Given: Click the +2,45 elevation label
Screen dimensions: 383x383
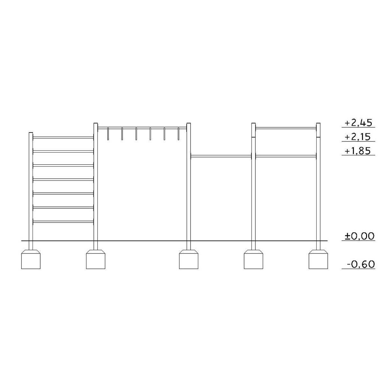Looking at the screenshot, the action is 358,123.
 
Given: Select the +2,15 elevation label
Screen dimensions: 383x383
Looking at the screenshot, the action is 358,137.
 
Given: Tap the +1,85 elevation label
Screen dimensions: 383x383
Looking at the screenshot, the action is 358,151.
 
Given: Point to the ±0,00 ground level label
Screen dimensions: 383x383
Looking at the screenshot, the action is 359,236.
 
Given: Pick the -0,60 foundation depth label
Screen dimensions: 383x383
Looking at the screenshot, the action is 361,264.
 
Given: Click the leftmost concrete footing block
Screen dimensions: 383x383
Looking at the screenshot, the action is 31,259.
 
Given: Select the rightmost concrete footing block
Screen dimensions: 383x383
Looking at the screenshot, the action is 318,259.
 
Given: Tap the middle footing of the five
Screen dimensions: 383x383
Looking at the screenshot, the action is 189,259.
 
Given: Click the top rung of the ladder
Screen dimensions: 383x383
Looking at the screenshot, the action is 63,138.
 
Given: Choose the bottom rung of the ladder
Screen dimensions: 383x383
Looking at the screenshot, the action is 63,222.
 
